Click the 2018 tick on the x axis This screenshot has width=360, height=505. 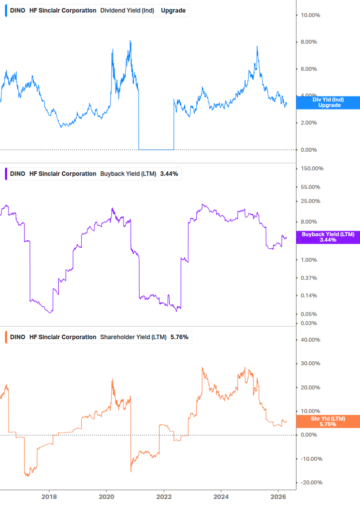point(49,496)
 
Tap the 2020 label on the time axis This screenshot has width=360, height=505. point(106,496)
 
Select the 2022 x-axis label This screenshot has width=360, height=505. point(164,496)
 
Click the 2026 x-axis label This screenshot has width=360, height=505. point(279,496)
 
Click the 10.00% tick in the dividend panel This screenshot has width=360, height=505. point(310,15)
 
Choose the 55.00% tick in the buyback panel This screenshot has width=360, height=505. point(310,187)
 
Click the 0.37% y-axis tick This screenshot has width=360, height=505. point(309,278)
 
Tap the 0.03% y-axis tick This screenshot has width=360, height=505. point(309,323)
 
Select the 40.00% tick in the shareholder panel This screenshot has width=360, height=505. point(310,340)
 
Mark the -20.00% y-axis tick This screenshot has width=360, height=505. point(311,483)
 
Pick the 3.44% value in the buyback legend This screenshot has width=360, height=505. point(169,174)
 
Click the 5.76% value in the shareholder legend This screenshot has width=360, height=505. point(179,337)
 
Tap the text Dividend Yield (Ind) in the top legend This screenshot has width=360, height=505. point(128,11)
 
